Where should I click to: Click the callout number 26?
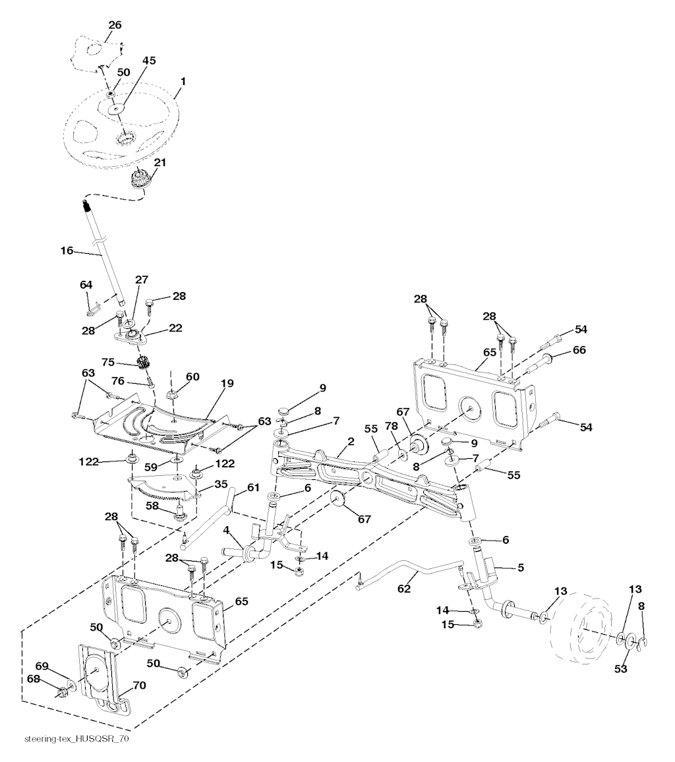115,25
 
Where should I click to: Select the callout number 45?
149,61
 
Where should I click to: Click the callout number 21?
160,162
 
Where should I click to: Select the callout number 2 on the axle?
351,441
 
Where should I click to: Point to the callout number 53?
622,669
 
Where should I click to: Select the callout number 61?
254,487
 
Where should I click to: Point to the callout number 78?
392,426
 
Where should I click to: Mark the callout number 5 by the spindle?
520,567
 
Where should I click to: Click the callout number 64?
86,284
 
